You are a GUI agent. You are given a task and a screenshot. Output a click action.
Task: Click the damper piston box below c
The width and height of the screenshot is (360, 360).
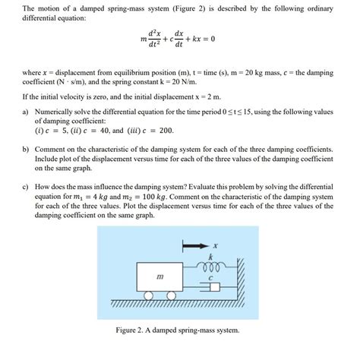pos(213,287)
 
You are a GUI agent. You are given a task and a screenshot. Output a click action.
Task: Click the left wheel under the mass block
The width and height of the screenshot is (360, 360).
pos(147,295)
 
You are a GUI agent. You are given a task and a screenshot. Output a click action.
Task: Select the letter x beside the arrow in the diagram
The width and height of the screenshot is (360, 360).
pos(215,245)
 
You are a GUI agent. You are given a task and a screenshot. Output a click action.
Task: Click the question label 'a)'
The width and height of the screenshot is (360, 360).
pos(27,111)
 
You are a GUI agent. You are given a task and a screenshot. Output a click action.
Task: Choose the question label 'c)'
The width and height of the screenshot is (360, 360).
pos(27,185)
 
